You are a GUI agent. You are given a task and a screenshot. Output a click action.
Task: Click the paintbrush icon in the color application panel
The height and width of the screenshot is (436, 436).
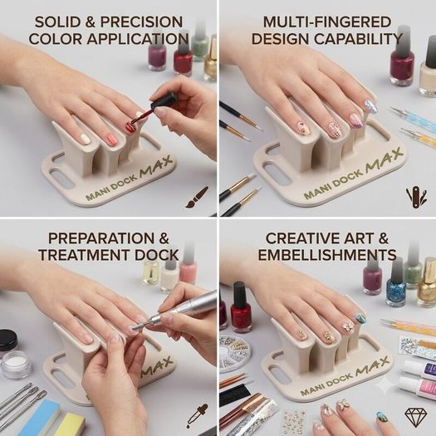click(197, 198)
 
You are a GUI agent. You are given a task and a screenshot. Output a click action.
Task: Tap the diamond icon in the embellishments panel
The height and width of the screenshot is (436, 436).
click(416, 417)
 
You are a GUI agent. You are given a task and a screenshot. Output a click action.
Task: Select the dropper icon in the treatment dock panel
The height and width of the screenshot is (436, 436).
click(197, 415)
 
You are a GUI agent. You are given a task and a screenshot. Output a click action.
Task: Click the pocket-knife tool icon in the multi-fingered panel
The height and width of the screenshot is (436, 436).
click(417, 198)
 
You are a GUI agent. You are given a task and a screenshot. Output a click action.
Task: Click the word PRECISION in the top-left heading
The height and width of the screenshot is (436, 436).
click(141, 22)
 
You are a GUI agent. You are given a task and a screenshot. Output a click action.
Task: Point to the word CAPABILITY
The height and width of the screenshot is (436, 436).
click(359, 39)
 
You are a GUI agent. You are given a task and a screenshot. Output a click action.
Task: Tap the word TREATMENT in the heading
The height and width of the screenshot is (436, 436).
click(85, 255)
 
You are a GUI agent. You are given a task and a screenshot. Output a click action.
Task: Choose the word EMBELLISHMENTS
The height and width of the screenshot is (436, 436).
click(327, 255)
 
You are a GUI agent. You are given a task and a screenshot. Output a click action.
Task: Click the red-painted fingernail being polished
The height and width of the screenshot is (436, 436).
click(130, 127)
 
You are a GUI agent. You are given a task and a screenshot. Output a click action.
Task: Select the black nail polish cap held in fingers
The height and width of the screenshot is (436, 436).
click(164, 100)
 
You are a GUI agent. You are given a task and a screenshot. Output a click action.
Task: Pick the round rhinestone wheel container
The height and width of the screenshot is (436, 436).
click(234, 353)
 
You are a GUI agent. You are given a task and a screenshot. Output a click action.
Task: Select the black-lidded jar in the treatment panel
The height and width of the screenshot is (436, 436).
click(7, 340)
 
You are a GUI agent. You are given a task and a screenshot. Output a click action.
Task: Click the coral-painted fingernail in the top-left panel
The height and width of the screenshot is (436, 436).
click(110, 138)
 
